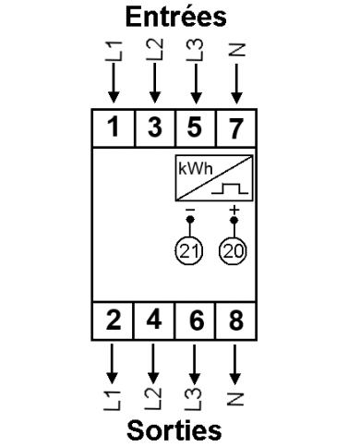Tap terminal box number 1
click(113, 127)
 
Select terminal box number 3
click(154, 127)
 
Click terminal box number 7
click(236, 127)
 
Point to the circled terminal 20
click(234, 251)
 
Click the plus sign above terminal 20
click(234, 211)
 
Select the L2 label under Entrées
click(154, 51)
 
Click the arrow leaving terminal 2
click(113, 363)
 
